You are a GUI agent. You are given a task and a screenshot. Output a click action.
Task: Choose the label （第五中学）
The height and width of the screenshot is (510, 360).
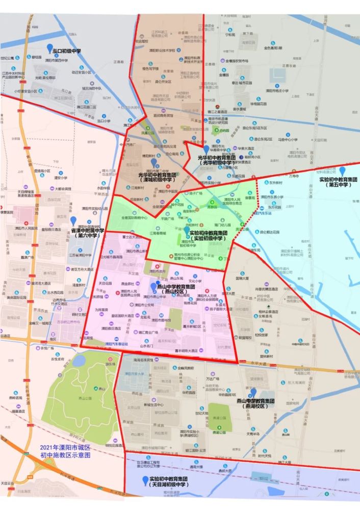point(339,185)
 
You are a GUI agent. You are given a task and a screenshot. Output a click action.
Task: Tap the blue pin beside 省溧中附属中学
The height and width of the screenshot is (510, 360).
point(73,221)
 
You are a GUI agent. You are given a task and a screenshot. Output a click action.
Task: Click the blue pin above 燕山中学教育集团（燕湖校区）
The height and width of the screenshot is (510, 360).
point(253,392)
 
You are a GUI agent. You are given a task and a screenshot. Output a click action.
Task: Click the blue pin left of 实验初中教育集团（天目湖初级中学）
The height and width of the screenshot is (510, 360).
point(145,480)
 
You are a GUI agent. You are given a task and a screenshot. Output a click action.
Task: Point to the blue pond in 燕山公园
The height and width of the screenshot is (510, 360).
point(80,360)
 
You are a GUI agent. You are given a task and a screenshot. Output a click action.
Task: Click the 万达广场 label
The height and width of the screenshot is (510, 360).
point(212,379)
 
